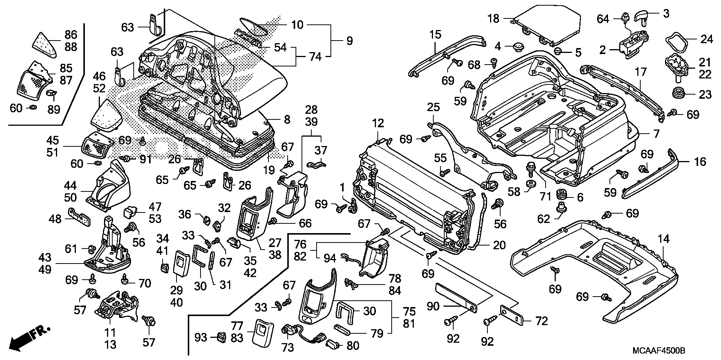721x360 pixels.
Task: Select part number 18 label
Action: [493, 18]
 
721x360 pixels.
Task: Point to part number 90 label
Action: [433, 306]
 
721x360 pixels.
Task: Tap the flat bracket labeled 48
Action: [80, 218]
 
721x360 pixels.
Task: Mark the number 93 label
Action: [201, 337]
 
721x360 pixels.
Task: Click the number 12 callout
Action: [378, 123]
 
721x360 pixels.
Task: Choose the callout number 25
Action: [433, 107]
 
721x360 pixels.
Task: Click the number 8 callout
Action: [287, 120]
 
